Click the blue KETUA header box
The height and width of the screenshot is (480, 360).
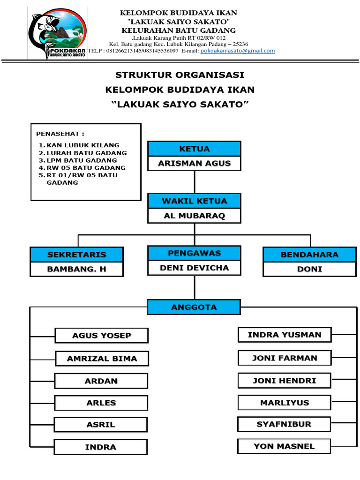pos(194,149)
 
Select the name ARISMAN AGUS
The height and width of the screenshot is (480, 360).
pos(194,163)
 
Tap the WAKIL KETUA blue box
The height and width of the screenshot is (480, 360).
pos(194,201)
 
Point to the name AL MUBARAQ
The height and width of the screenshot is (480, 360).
pos(194,216)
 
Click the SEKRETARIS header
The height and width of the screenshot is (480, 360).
pos(76,255)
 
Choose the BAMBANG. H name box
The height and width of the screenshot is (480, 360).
pos(76,269)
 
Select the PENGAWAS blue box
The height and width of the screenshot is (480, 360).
pos(194,253)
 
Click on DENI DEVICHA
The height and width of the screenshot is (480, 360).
pos(194,268)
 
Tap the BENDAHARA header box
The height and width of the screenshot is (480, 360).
pos(309,255)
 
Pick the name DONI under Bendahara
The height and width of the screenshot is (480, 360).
pos(309,269)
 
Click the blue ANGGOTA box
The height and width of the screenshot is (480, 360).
pos(194,307)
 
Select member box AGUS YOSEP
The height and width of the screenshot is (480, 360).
pos(102,335)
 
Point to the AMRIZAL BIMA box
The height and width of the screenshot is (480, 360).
pos(102,359)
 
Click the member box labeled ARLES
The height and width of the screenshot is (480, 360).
pos(101,403)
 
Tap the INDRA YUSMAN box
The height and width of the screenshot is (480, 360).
pos(285,335)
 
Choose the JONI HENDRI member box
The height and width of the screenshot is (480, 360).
pos(285,381)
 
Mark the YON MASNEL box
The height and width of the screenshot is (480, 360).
pos(285,446)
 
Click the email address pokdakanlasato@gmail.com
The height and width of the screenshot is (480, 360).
pos(238,51)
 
